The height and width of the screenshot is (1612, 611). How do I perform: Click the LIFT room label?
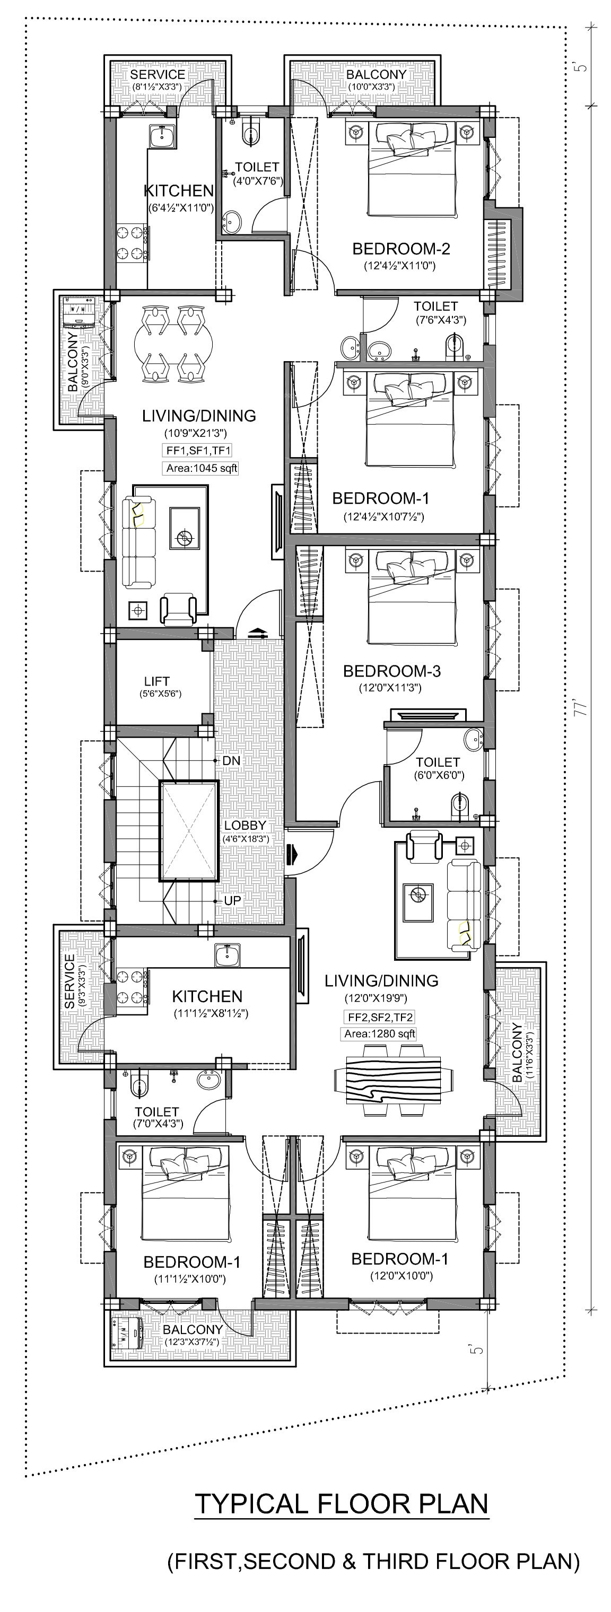click(156, 681)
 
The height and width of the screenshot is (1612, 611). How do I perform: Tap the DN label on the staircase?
click(231, 760)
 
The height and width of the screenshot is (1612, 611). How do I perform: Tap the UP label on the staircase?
click(232, 900)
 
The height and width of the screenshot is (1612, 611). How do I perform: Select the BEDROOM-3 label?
click(392, 671)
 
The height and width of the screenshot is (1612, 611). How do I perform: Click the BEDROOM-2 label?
click(401, 249)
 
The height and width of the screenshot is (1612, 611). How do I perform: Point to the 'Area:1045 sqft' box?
click(202, 468)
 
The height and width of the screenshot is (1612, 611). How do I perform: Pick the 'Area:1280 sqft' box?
click(379, 1034)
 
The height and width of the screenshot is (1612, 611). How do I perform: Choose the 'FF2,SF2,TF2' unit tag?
click(379, 1017)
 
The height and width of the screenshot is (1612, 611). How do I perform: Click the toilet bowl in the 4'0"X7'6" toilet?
click(251, 133)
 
